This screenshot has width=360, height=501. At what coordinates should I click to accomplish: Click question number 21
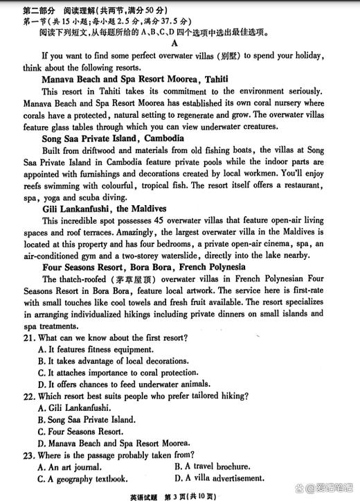point(29,337)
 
